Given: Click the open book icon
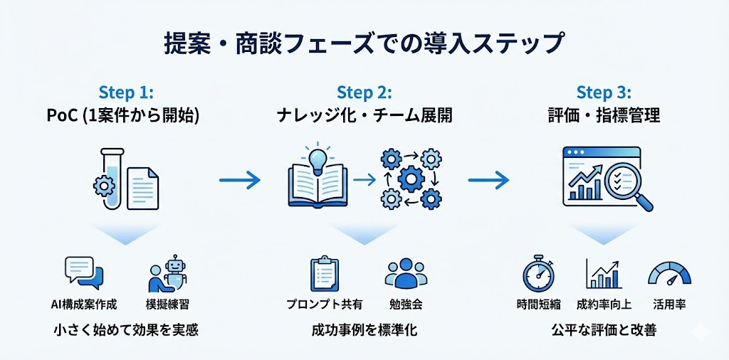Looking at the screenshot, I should [316, 184].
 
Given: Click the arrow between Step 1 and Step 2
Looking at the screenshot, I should [239, 181].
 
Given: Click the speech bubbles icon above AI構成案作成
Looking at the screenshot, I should [83, 273].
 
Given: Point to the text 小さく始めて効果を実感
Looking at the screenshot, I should [126, 329].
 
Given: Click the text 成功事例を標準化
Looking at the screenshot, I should [364, 329].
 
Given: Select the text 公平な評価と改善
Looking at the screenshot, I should [604, 329].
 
